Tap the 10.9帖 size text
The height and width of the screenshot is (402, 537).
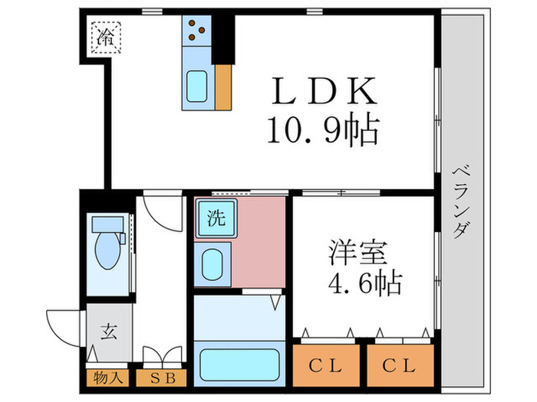coord(322,131)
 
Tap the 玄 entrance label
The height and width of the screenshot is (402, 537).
coord(107,332)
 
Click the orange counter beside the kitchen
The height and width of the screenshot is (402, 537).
coord(223,86)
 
